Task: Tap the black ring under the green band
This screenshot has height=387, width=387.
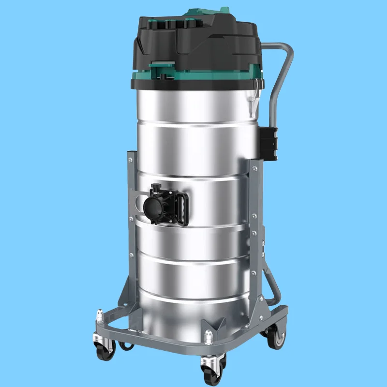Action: click(193, 83)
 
